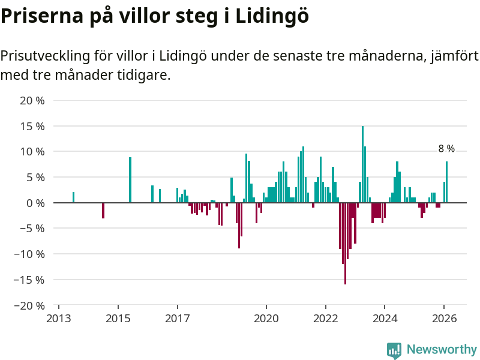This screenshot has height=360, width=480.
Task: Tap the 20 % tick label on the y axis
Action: click(32, 101)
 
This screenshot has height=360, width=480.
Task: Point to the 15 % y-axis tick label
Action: click(32, 127)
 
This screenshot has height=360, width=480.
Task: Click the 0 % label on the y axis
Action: click(36, 203)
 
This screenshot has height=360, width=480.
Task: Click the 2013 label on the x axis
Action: click(59, 318)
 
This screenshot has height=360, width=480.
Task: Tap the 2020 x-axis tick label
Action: click(266, 318)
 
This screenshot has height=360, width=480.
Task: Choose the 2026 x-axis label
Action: click(444, 318)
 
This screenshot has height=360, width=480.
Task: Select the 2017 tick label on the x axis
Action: click(178, 318)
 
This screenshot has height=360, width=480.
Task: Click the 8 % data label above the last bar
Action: click(446, 149)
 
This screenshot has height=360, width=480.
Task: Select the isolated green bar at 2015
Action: click(130, 180)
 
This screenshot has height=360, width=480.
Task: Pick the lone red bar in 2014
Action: click(103, 210)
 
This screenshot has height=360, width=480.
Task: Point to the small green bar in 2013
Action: click(73, 197)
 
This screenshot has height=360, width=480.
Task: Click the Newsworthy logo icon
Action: click(394, 350)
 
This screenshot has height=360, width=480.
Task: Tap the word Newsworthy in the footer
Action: click(442, 350)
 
